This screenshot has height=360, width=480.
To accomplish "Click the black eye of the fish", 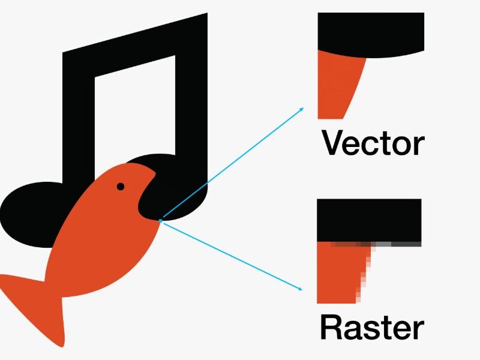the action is (121, 187).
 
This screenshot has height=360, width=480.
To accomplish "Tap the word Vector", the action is (373, 143).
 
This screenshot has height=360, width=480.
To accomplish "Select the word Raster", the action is (372, 328).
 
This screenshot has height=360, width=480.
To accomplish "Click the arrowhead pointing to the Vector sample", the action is (302, 109).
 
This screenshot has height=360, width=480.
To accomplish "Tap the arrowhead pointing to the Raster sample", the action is (300, 289).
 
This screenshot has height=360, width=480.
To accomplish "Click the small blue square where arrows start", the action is (160, 220).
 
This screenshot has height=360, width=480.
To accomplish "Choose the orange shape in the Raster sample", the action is (340, 272).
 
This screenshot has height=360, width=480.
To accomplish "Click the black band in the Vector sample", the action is (371, 34).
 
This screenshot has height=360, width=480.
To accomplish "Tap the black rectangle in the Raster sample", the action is (369, 220).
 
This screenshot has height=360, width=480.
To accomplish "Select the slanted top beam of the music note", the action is (135, 46).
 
